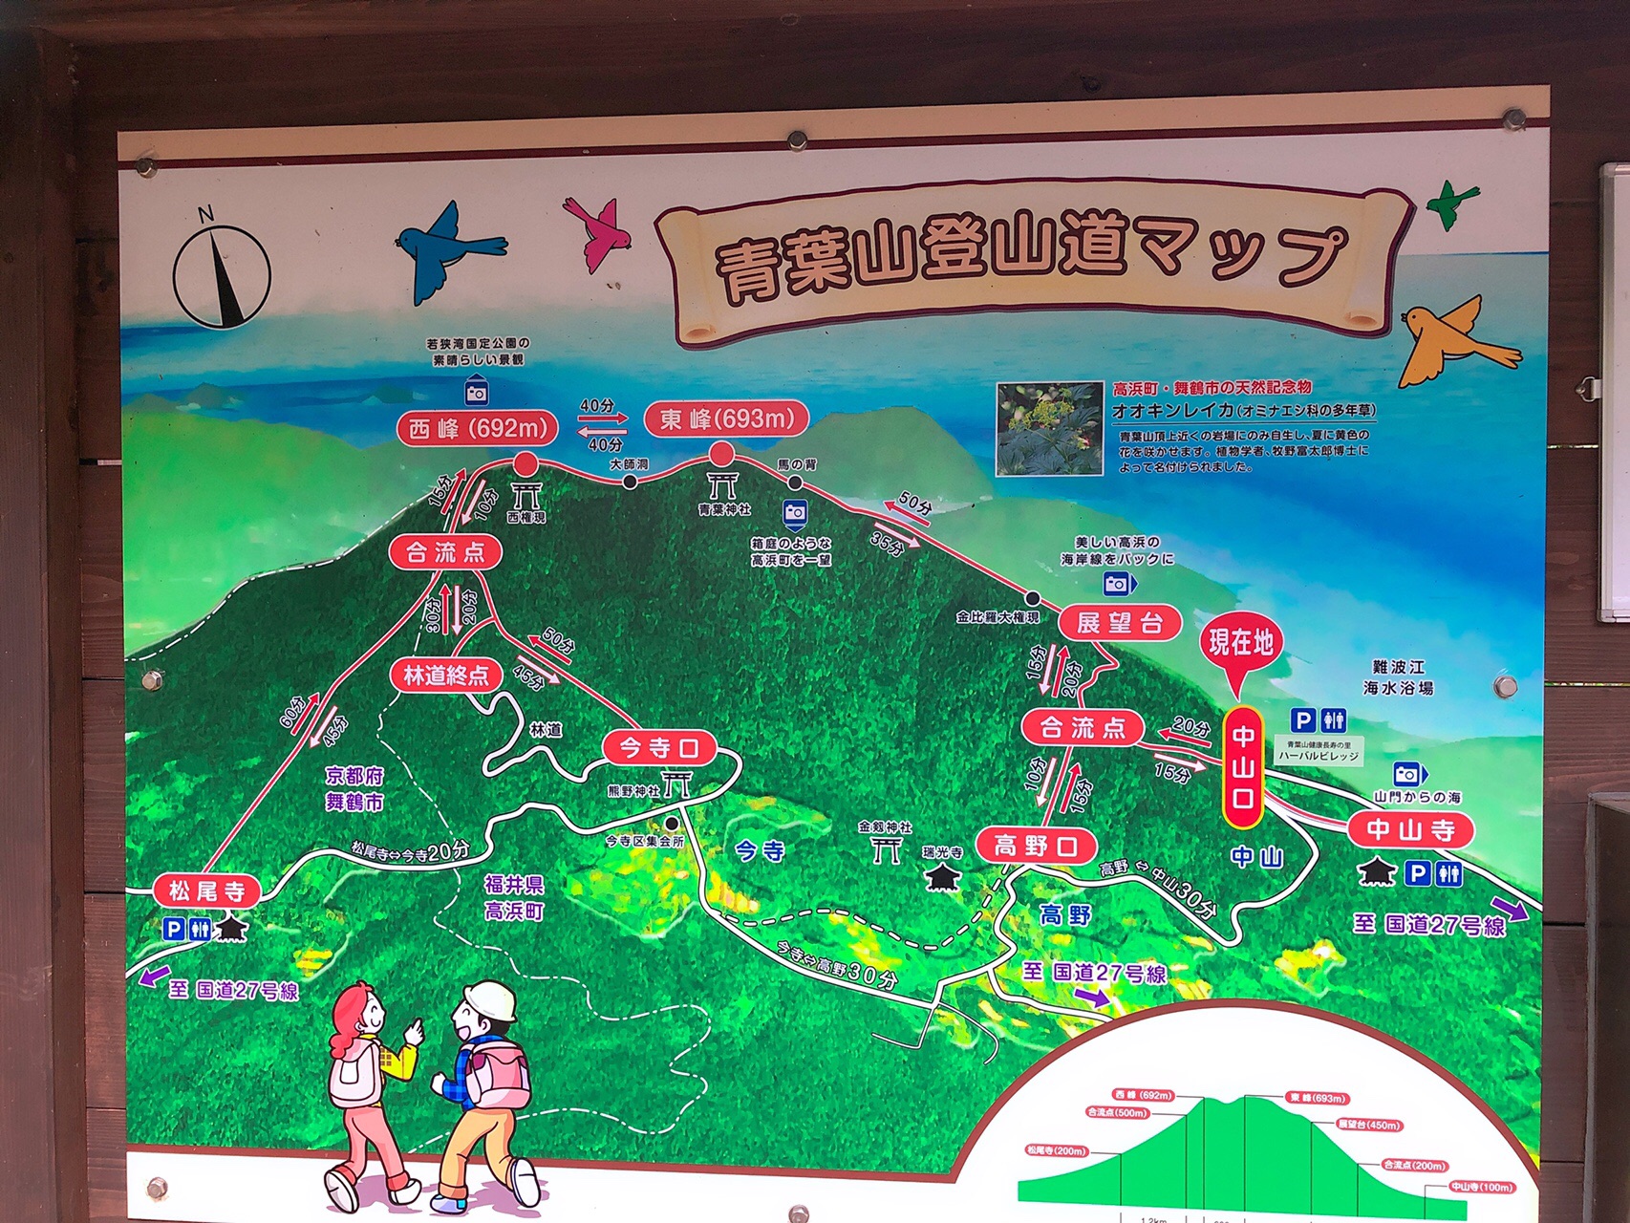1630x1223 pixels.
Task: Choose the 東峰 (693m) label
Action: pyautogui.click(x=726, y=418)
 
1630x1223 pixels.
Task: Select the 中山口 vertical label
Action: pyautogui.click(x=1243, y=767)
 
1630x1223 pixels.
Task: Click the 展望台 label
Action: pyautogui.click(x=1119, y=623)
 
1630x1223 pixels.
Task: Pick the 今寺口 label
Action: pyautogui.click(x=659, y=748)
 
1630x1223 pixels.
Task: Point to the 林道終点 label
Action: pyautogui.click(x=445, y=676)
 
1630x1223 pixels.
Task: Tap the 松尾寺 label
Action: pyautogui.click(x=206, y=891)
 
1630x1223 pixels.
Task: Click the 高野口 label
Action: pyautogui.click(x=1036, y=846)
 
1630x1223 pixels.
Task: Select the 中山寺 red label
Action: pyautogui.click(x=1410, y=829)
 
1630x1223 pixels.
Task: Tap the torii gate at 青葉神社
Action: pyautogui.click(x=722, y=483)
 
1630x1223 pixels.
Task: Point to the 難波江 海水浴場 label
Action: pyautogui.click(x=1397, y=676)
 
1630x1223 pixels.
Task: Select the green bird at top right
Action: pyautogui.click(x=1451, y=203)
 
